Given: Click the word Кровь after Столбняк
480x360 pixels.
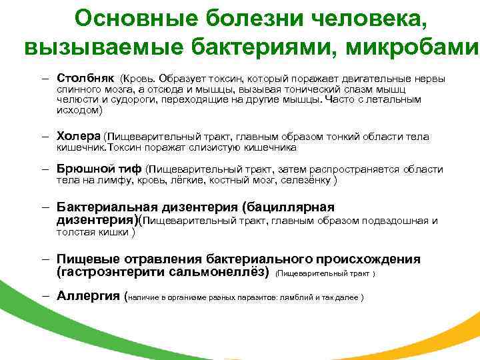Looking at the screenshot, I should tap(140, 79).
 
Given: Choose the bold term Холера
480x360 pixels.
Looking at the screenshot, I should tap(79, 136).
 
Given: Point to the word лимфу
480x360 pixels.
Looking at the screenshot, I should tap(112, 179).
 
